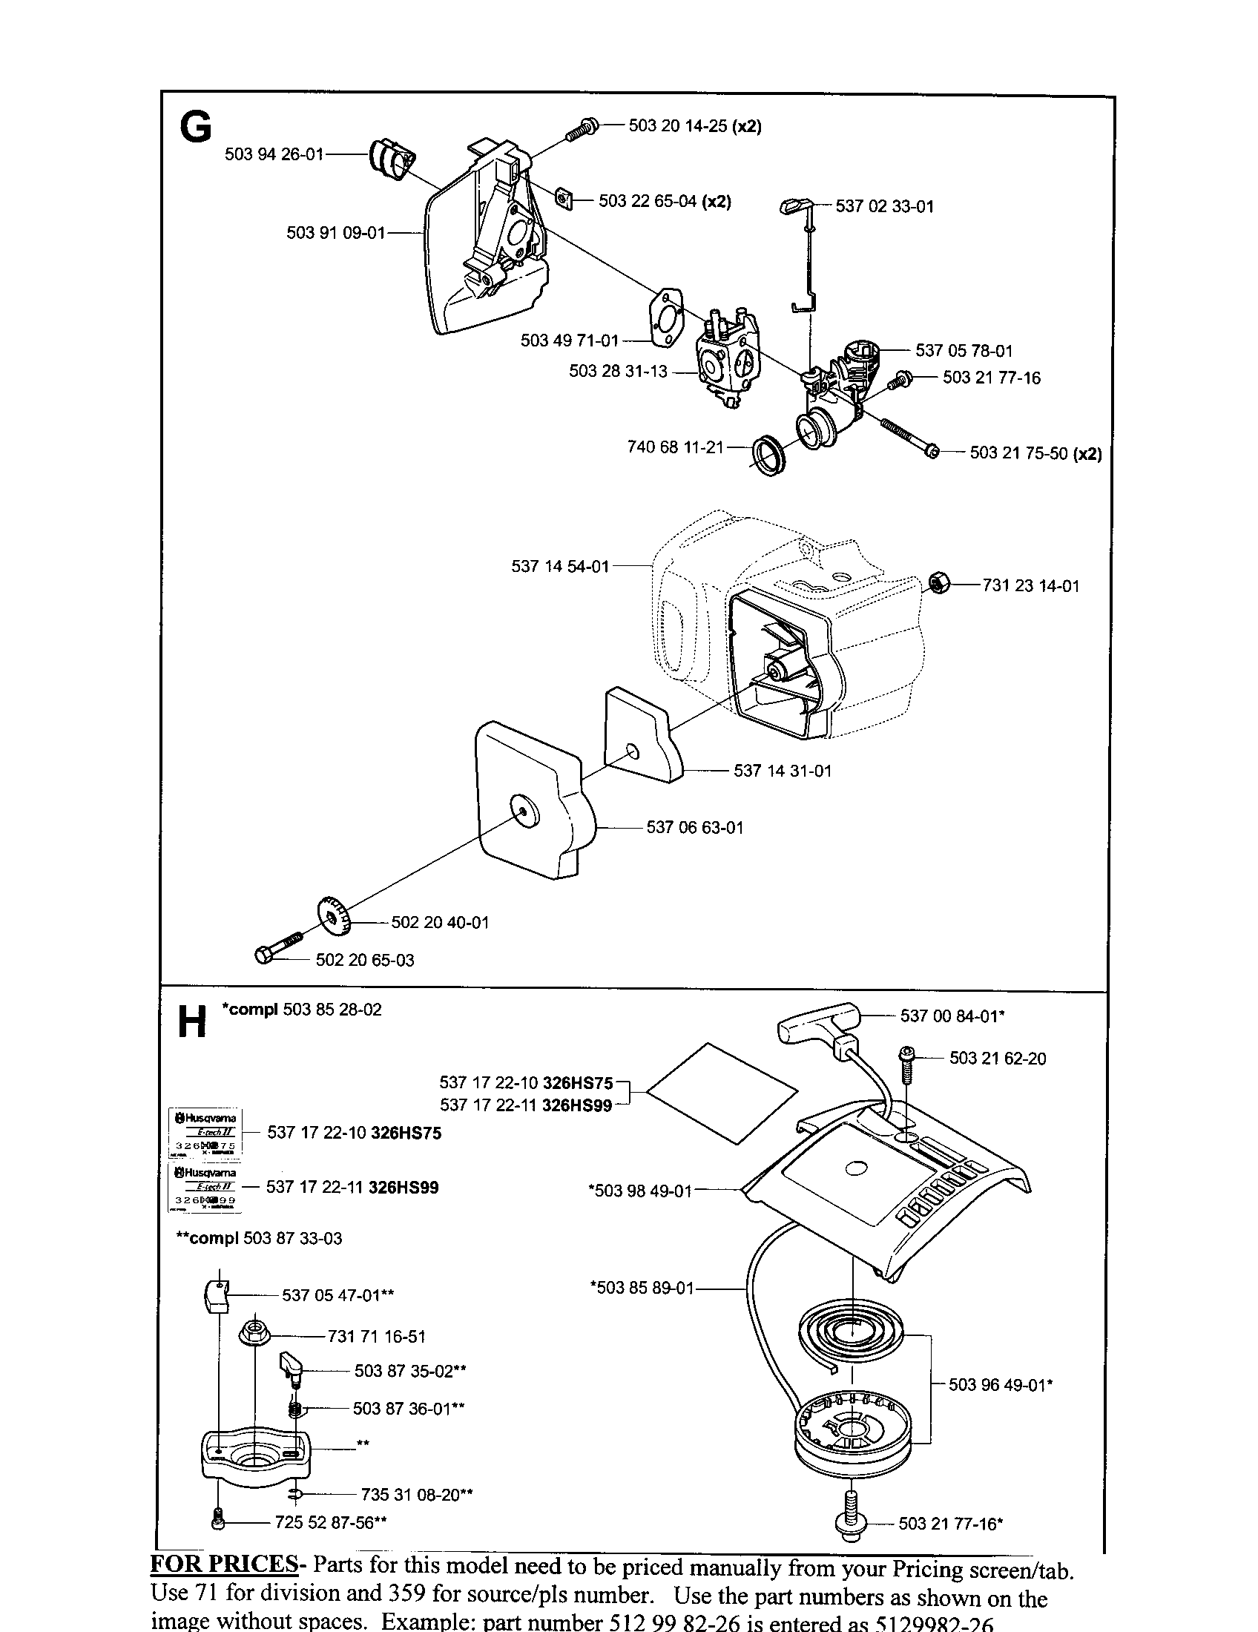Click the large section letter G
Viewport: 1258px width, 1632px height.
(x=196, y=128)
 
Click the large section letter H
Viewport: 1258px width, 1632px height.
(x=191, y=1021)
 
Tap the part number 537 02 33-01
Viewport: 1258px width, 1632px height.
(x=884, y=206)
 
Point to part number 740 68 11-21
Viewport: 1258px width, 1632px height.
(x=675, y=447)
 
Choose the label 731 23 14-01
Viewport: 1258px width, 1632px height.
(x=1031, y=586)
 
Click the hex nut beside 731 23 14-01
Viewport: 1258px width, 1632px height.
(x=939, y=582)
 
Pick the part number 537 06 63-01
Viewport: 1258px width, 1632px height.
(x=695, y=827)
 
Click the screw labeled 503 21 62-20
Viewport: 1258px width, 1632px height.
(x=906, y=1063)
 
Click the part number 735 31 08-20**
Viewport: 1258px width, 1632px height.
(x=417, y=1495)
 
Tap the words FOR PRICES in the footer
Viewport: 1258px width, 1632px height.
(x=224, y=1564)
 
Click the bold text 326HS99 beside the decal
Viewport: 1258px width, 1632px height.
(x=404, y=1188)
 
